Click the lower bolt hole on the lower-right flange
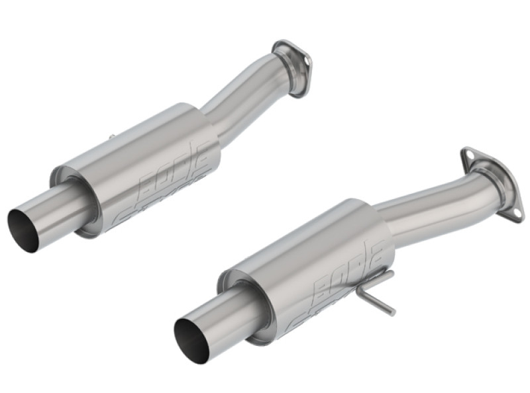pos(513,211)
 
